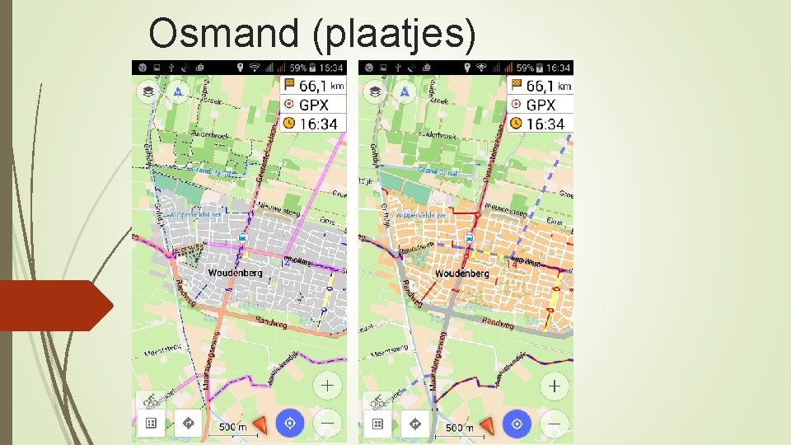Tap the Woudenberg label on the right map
coord(461,274)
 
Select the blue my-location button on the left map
coord(289,424)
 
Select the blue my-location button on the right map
coord(517,424)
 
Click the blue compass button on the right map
coord(404,91)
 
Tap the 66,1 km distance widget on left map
coord(313,86)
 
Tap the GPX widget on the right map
coord(541,105)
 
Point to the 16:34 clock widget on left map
coord(313,124)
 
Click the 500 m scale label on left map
coord(232,428)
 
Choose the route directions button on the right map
coord(414,424)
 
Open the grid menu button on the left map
coord(150,424)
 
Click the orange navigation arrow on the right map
coord(487,424)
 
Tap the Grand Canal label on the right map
coord(438,171)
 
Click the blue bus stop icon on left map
coord(242,238)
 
